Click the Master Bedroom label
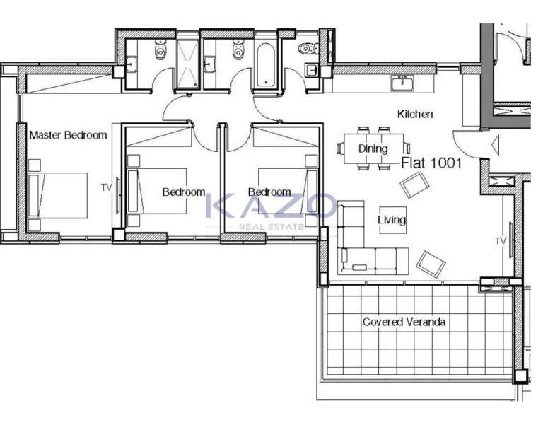click(68, 135)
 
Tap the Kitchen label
click(415, 114)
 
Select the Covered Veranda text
click(404, 322)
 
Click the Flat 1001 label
click(431, 163)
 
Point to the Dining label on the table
click(373, 148)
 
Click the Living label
click(392, 220)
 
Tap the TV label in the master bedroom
click(106, 187)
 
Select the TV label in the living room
click(501, 241)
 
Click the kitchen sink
click(402, 83)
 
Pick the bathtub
click(266, 65)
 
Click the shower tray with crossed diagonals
click(187, 64)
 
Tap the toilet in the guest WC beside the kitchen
click(308, 48)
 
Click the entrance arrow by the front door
click(495, 145)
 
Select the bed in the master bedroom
click(57, 196)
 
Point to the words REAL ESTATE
click(271, 227)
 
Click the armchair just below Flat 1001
click(415, 185)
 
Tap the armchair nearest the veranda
click(431, 264)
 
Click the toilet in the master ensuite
click(160, 49)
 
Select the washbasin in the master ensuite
click(132, 64)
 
